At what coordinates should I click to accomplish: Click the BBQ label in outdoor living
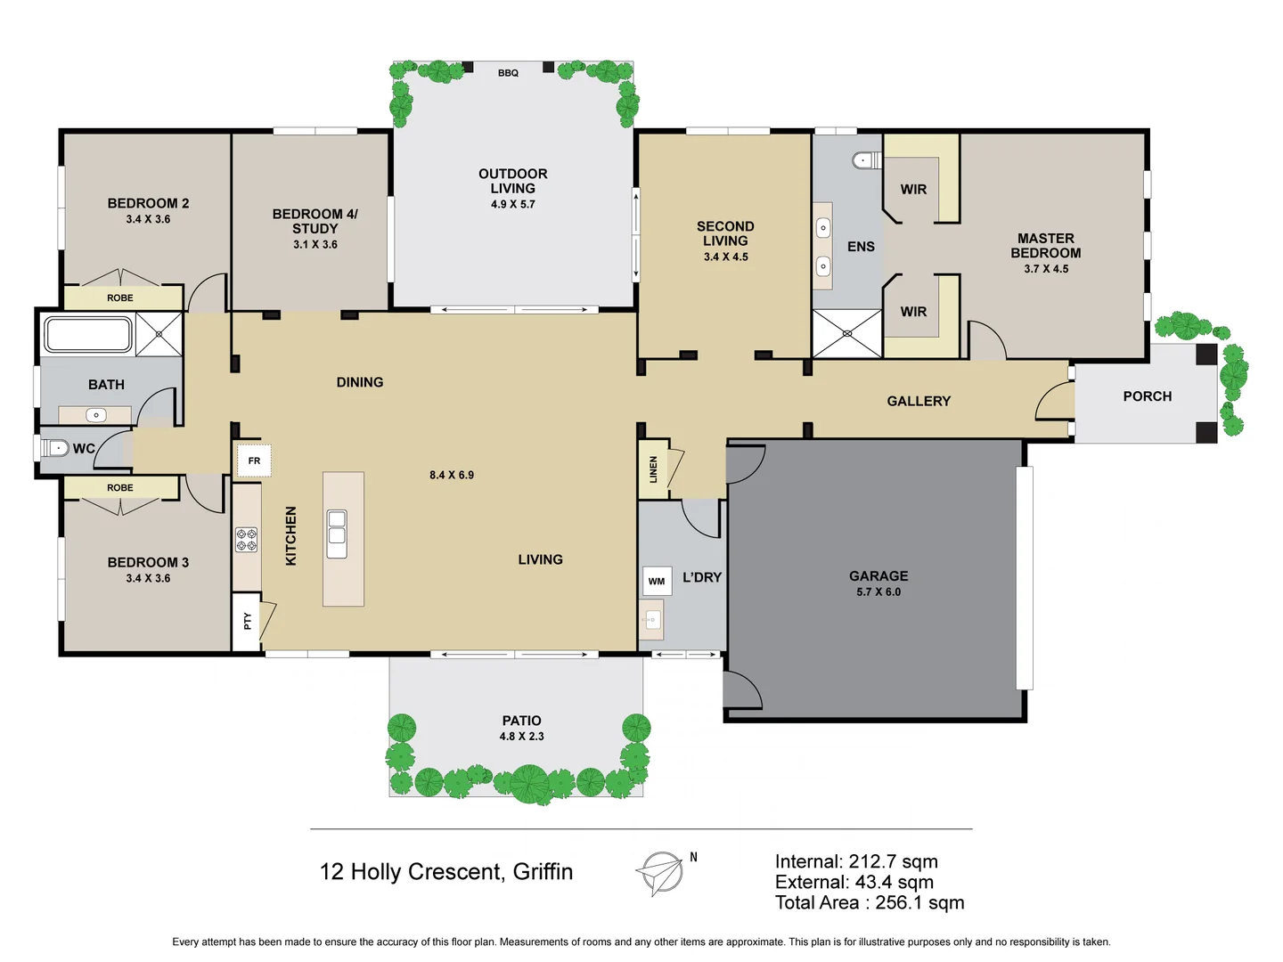pyautogui.click(x=508, y=73)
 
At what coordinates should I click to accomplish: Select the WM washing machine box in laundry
pyautogui.click(x=657, y=582)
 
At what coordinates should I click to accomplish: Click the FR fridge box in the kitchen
pyautogui.click(x=254, y=461)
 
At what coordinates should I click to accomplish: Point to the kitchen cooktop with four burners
pyautogui.click(x=247, y=540)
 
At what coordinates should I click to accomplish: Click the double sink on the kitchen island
pyautogui.click(x=337, y=534)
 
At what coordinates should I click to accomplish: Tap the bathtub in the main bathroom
pyautogui.click(x=89, y=335)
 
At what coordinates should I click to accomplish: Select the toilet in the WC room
pyautogui.click(x=56, y=448)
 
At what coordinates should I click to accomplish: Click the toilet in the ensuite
pyautogui.click(x=864, y=160)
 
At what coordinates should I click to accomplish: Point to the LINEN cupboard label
pyautogui.click(x=653, y=469)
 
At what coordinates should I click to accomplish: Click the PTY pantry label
pyautogui.click(x=248, y=622)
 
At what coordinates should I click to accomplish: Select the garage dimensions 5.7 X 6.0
pyautogui.click(x=878, y=592)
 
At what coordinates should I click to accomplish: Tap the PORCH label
pyautogui.click(x=1147, y=396)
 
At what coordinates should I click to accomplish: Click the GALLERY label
pyautogui.click(x=919, y=402)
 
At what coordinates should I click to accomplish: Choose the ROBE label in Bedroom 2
pyautogui.click(x=120, y=298)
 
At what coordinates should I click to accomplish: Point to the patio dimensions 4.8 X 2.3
pyautogui.click(x=521, y=737)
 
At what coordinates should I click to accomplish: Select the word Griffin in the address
pyautogui.click(x=543, y=872)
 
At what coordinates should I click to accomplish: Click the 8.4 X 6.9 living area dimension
pyautogui.click(x=452, y=476)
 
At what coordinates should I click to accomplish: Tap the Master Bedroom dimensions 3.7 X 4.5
pyautogui.click(x=1046, y=269)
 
